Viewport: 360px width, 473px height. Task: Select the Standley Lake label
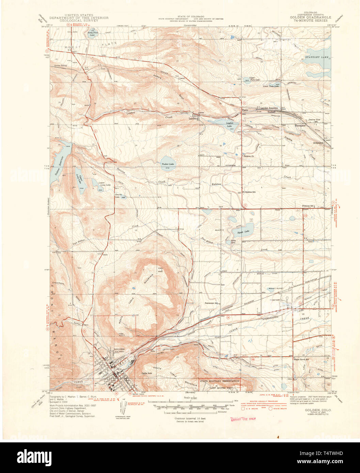316,58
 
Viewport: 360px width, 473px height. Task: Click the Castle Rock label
147,373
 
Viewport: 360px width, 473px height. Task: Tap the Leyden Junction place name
269,108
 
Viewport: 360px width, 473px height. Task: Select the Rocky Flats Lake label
92,33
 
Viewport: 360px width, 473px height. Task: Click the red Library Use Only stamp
243,419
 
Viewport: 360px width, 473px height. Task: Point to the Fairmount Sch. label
211,303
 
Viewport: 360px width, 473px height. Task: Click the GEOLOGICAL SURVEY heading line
79,20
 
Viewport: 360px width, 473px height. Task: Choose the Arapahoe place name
318,143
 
